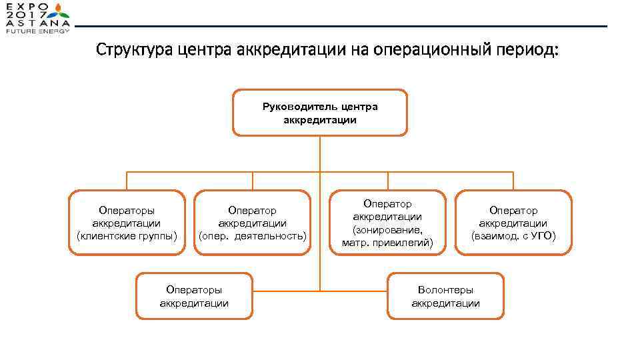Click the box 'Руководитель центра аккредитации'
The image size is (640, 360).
[x=319, y=113]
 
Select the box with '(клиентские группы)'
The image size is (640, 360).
[x=127, y=223]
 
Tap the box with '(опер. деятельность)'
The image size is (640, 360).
[x=252, y=223]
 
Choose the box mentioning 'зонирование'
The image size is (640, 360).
[x=387, y=223]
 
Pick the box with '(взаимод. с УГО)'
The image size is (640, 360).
[x=513, y=223]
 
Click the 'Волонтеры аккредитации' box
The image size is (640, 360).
[x=445, y=296]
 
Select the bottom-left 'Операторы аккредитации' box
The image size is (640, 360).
[x=194, y=296]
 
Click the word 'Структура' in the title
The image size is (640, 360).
[x=135, y=50]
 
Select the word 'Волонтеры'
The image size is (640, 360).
[x=445, y=290]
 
